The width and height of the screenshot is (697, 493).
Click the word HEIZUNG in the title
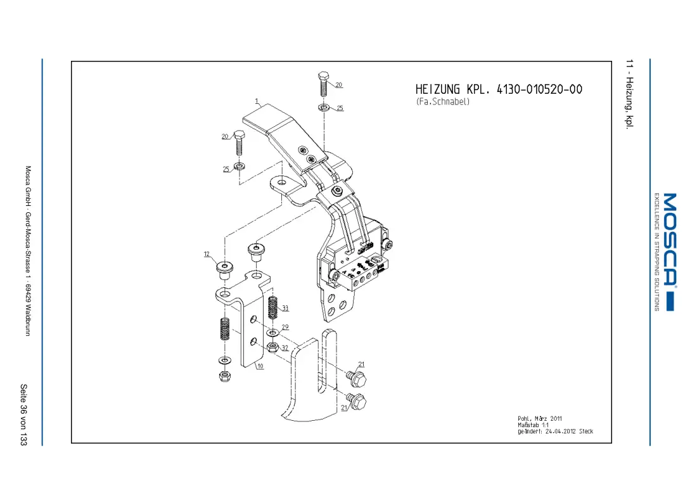pyautogui.click(x=437, y=89)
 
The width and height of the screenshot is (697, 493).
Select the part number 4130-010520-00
pyautogui.click(x=539, y=89)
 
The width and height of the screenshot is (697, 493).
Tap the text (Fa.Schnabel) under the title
pyautogui.click(x=443, y=101)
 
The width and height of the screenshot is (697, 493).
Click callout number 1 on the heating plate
pyautogui.click(x=257, y=101)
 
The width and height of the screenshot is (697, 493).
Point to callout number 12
pyautogui.click(x=207, y=254)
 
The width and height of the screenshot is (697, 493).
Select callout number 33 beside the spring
pyautogui.click(x=285, y=308)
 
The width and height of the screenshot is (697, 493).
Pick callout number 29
pyautogui.click(x=285, y=327)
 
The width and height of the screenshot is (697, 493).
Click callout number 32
pyautogui.click(x=285, y=348)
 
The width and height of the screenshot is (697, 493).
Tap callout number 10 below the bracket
pyautogui.click(x=260, y=366)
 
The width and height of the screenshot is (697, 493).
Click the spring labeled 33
pyautogui.click(x=272, y=307)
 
